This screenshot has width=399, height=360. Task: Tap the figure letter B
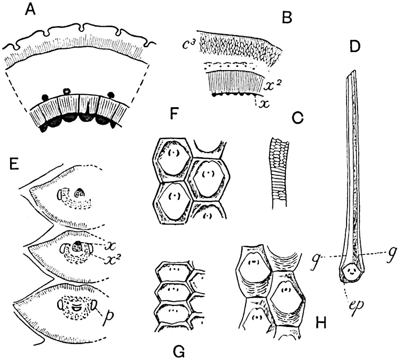coord(287,18)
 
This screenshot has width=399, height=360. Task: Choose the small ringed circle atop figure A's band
coord(66,92)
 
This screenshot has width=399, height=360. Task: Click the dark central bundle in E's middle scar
coord(77,244)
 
